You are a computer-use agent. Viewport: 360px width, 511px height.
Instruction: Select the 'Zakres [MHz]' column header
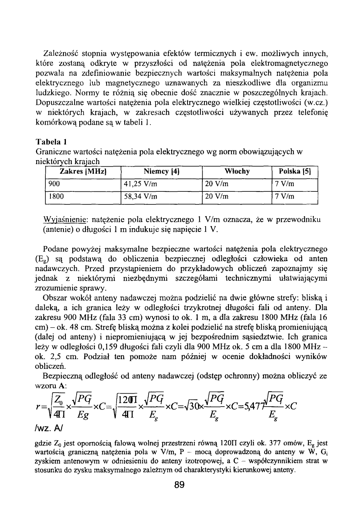[x=82, y=172]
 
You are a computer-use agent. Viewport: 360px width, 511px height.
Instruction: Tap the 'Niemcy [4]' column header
[x=161, y=172]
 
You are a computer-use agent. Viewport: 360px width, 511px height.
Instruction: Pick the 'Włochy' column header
[x=237, y=172]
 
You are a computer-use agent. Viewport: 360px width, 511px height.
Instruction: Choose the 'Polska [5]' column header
[x=295, y=172]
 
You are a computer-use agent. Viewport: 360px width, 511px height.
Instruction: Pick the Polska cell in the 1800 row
[x=284, y=197]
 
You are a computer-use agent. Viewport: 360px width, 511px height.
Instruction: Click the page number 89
[x=179, y=485]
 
